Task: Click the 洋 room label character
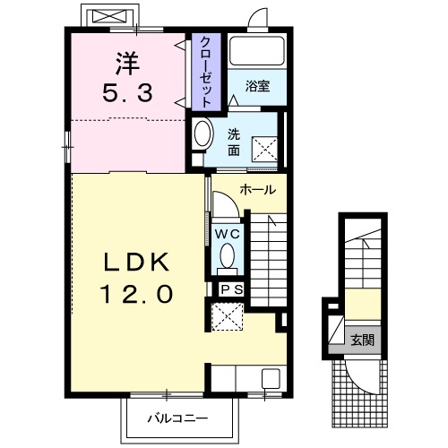click(127, 64)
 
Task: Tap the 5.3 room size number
click(127, 92)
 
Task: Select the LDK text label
click(136, 262)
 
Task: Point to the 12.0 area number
click(137, 294)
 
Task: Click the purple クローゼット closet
click(206, 72)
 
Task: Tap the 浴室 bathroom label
click(257, 86)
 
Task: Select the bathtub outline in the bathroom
click(257, 51)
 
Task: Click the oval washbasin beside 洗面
click(202, 134)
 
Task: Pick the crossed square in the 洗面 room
click(264, 150)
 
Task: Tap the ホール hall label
click(258, 190)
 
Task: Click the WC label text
click(228, 234)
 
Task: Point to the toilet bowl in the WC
click(228, 256)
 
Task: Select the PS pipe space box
click(231, 289)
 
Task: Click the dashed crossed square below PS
click(228, 316)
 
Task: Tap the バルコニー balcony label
click(177, 418)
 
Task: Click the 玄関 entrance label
click(362, 340)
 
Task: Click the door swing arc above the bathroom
click(254, 13)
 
